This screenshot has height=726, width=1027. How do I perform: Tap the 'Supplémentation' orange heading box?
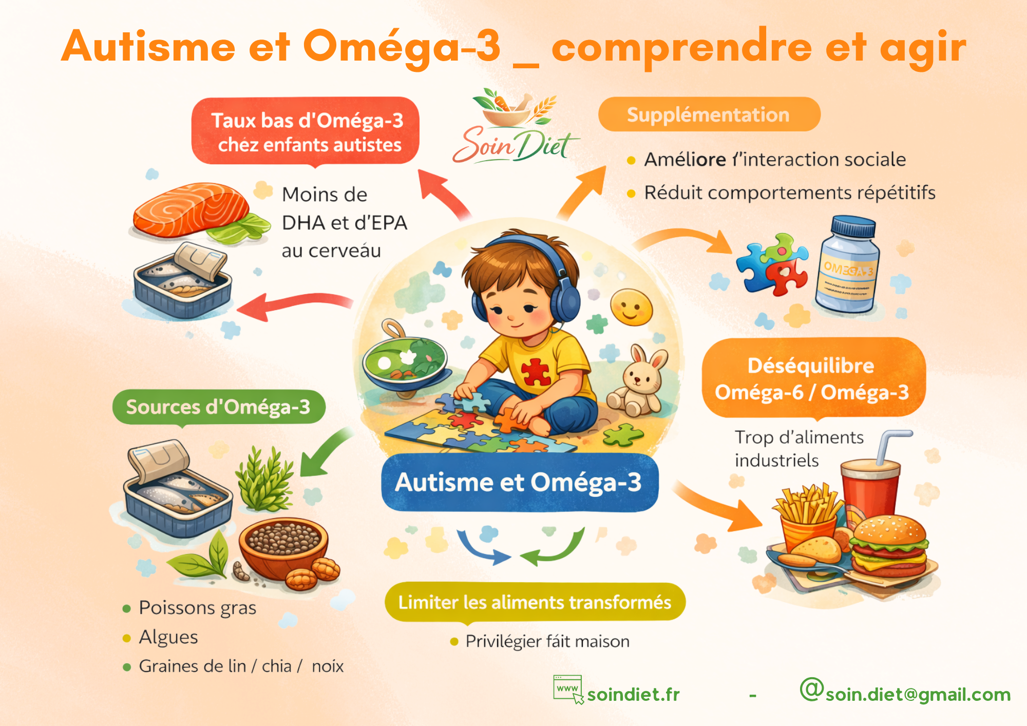tap(709, 114)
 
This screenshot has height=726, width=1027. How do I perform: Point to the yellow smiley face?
tap(631, 307)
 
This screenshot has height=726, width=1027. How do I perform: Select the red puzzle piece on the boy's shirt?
tap(536, 372)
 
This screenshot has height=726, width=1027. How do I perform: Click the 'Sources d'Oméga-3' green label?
tap(219, 407)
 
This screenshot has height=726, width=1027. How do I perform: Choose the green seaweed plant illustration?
tap(264, 480)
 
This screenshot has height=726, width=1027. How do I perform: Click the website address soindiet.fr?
tap(633, 695)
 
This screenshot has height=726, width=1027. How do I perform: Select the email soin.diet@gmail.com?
tap(918, 694)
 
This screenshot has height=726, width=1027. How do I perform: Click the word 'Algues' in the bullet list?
tap(168, 637)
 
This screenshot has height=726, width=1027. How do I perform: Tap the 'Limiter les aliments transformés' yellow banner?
tap(535, 602)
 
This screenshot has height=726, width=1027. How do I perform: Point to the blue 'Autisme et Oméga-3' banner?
tap(519, 483)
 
